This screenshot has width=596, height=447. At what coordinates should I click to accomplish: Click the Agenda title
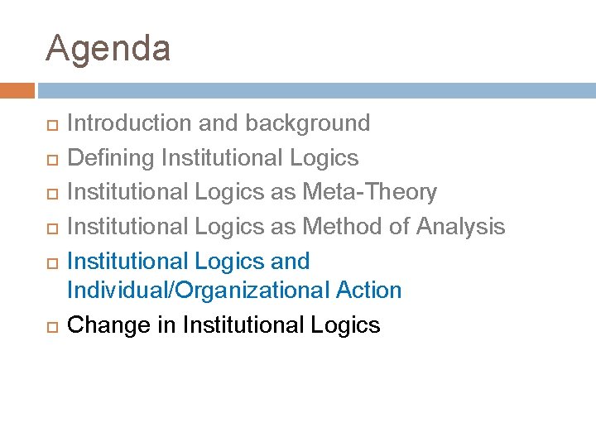click(x=108, y=49)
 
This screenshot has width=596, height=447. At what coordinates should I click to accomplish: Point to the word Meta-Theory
click(x=369, y=192)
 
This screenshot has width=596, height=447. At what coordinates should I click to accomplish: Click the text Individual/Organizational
click(x=198, y=291)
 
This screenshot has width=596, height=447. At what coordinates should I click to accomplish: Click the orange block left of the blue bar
click(x=17, y=90)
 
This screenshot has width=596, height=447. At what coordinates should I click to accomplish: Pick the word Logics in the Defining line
click(x=324, y=157)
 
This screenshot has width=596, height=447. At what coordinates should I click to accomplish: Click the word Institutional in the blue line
click(x=127, y=261)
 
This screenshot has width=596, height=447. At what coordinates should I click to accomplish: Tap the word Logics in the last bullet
click(x=346, y=324)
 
